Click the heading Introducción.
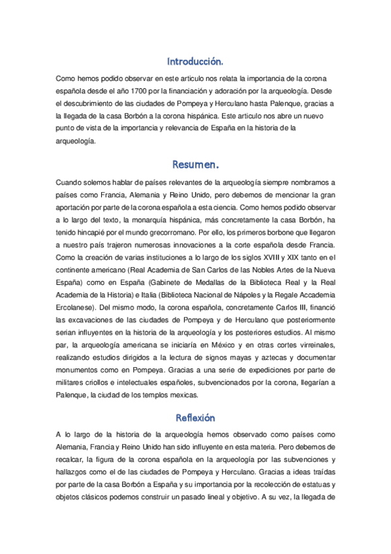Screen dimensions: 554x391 click(195, 62)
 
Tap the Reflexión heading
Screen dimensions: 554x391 click(195, 417)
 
